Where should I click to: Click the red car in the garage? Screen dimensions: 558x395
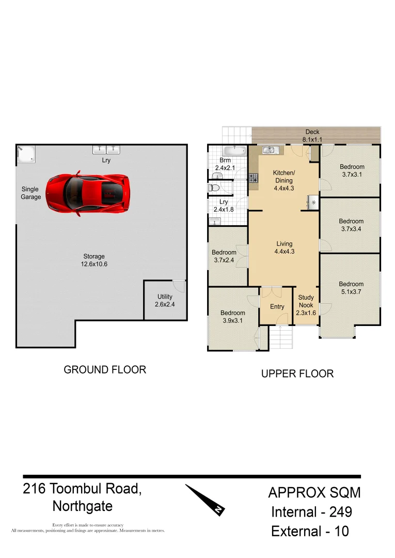point(88,193)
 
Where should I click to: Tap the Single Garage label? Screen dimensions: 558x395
point(30,193)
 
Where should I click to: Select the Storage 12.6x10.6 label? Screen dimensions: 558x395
point(94,260)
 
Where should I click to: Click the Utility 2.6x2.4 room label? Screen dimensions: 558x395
point(165,301)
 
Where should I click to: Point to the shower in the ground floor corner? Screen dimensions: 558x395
point(26,154)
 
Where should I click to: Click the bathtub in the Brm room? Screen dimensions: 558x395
point(235,151)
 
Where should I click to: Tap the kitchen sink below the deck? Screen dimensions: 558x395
point(270,150)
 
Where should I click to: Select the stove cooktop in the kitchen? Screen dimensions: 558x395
point(254,178)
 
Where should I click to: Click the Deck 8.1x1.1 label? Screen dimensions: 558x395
point(312,136)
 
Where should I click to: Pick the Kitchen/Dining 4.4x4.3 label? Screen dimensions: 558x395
point(284,180)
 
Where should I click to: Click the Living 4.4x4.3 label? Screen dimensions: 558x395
point(284,247)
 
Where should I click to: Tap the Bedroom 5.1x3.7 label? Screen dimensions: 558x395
point(351,288)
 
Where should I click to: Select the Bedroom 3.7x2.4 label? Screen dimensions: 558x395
point(224,256)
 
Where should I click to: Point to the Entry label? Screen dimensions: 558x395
point(277,306)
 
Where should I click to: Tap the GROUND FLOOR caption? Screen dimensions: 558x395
point(105,369)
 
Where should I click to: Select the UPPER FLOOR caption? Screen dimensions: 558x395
point(297,374)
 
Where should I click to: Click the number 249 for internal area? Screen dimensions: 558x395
point(339,512)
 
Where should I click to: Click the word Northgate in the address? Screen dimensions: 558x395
point(83,505)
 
